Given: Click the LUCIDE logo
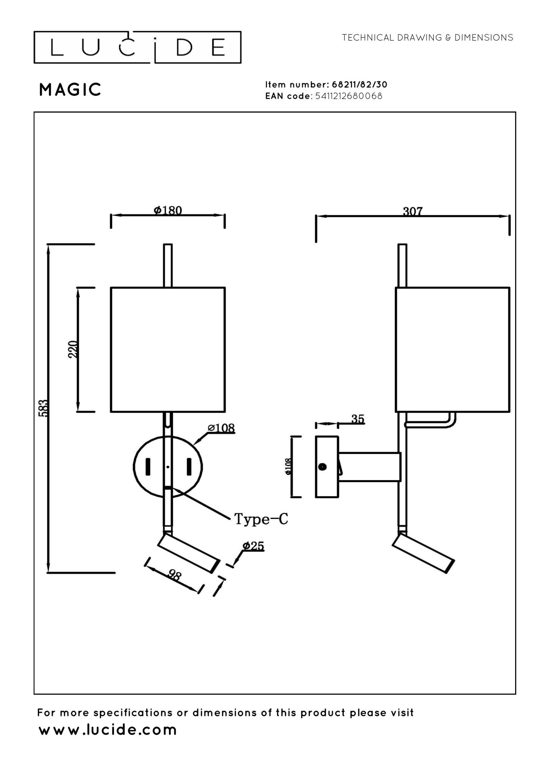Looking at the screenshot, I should click(137, 48).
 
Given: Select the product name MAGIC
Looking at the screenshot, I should click(70, 90).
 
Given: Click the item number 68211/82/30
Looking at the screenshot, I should click(359, 85).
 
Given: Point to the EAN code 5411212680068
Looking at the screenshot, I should click(348, 96).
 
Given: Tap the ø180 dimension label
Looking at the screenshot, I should click(168, 210).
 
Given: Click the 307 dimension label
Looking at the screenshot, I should click(413, 211).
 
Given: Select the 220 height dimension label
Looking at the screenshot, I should click(73, 349).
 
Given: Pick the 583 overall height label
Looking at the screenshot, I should click(43, 408).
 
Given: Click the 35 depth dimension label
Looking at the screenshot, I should click(358, 419).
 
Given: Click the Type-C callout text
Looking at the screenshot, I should click(261, 519).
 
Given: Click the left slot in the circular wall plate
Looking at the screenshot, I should click(148, 467).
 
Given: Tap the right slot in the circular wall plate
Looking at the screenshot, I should click(189, 467).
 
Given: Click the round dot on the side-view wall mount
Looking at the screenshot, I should click(322, 467).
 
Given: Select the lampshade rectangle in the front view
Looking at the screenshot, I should click(168, 349).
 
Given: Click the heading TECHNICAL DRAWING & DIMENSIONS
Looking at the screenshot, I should click(427, 38).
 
